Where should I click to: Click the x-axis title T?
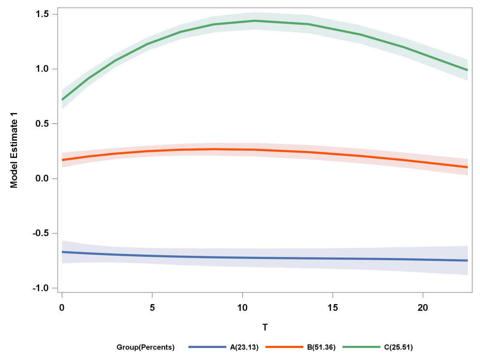pyautogui.click(x=265, y=328)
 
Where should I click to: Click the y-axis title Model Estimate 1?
pyautogui.click(x=14, y=154)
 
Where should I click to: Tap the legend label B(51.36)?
pyautogui.click(x=321, y=347)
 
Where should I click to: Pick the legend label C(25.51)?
pyautogui.click(x=398, y=347)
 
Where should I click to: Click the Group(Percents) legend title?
pyautogui.click(x=145, y=347)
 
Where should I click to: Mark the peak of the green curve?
pyautogui.click(x=255, y=20)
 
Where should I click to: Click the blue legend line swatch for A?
pyautogui.click(x=207, y=347)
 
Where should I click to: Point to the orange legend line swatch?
pyautogui.click(x=284, y=347)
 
